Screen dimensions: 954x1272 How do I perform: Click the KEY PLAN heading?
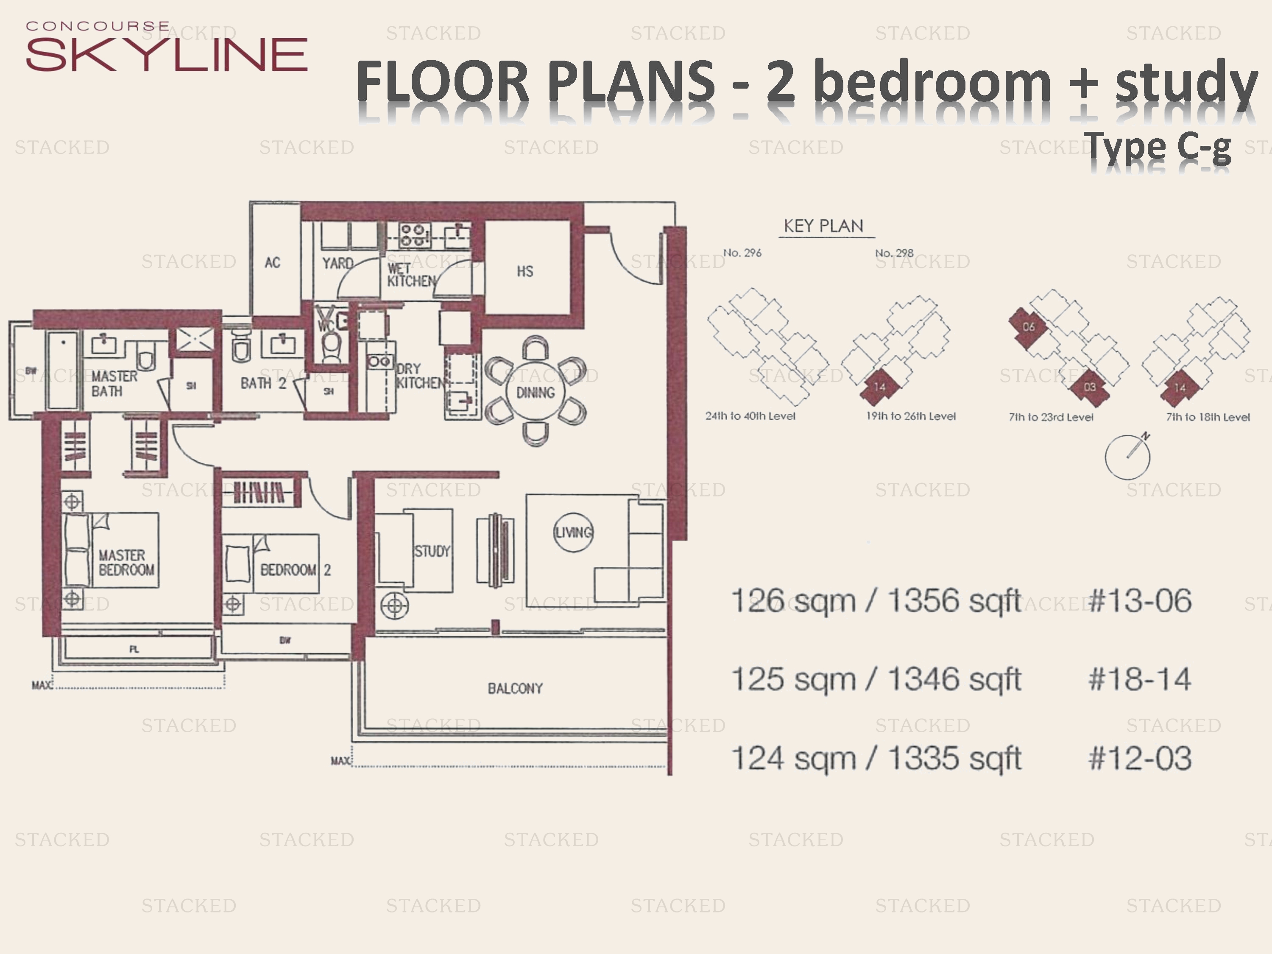tap(823, 226)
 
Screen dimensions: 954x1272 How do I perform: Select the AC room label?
tap(273, 263)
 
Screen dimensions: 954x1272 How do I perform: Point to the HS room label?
tap(524, 271)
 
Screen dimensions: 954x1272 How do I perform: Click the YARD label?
tap(337, 263)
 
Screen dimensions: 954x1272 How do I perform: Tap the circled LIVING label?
tap(573, 533)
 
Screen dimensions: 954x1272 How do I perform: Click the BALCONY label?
tap(515, 688)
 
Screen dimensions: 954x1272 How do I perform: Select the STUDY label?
tap(432, 552)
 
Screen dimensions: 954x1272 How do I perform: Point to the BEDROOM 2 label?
tap(295, 570)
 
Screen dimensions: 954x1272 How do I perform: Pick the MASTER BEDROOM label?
tap(126, 562)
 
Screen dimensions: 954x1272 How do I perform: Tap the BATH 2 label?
tap(263, 383)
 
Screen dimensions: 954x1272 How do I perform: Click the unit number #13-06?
tap(1140, 601)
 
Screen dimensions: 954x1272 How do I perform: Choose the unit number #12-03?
tap(1140, 759)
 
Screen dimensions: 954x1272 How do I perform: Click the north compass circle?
tap(1127, 457)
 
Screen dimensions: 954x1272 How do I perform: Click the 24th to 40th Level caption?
tap(750, 416)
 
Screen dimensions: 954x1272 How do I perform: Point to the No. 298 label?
tap(894, 253)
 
